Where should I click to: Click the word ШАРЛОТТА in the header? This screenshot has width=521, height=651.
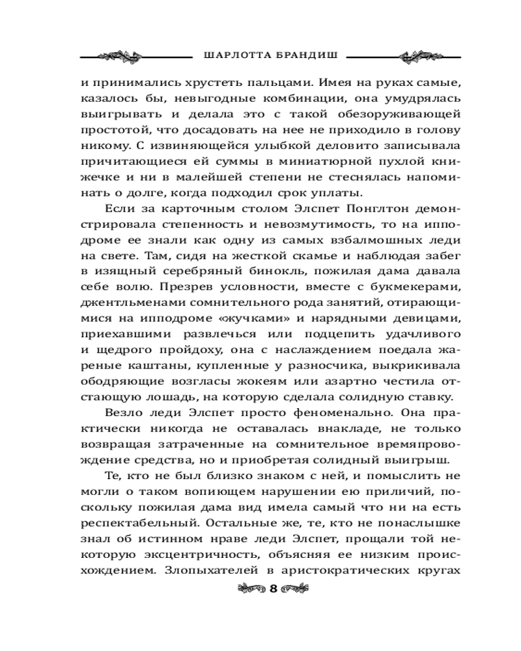(x=231, y=55)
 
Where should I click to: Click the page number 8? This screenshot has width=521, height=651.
(x=273, y=589)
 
